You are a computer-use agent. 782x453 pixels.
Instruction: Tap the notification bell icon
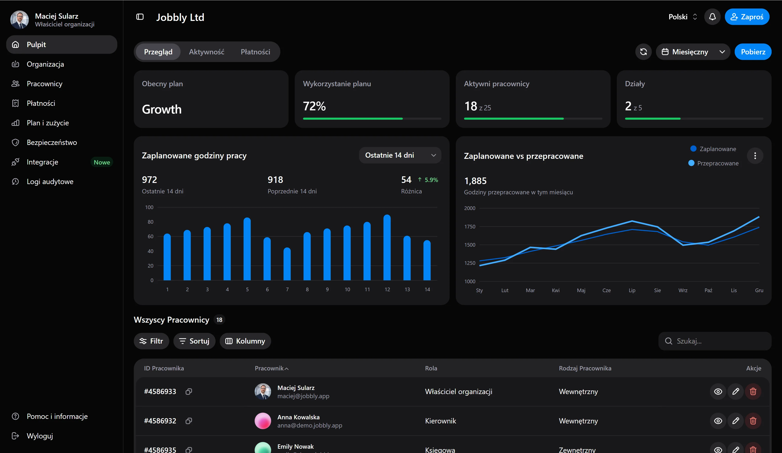(x=712, y=17)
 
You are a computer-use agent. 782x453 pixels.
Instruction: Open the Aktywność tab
(x=206, y=52)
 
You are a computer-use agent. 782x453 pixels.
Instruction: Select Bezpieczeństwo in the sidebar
(x=52, y=142)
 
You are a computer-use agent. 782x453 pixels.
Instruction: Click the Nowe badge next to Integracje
(x=102, y=162)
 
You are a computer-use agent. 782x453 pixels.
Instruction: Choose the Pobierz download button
(x=753, y=52)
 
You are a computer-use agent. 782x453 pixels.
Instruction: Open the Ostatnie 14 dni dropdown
(x=400, y=155)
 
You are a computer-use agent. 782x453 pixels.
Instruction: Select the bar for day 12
(x=387, y=248)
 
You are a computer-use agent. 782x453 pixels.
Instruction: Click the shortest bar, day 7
(x=287, y=264)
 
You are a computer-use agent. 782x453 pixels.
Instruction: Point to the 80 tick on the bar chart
(x=150, y=222)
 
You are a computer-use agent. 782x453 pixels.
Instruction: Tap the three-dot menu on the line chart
(x=755, y=156)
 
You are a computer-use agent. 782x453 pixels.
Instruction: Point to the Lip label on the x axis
(x=632, y=290)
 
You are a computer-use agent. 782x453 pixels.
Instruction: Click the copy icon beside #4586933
(x=189, y=392)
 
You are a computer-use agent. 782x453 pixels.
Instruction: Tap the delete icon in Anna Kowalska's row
(x=753, y=421)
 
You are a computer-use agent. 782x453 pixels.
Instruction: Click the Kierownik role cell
(x=440, y=421)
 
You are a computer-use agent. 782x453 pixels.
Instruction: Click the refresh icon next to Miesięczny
(x=643, y=52)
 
